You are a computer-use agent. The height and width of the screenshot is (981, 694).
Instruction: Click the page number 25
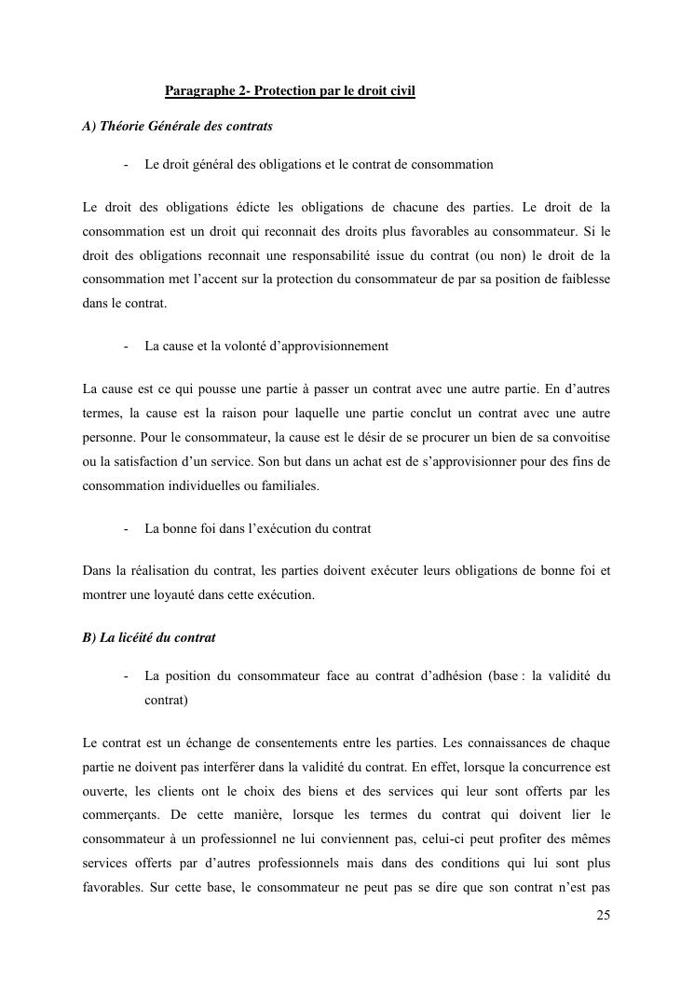[x=603, y=915]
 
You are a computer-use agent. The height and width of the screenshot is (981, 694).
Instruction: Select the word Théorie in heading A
[x=123, y=125]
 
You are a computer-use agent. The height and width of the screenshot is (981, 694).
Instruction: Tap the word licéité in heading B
[x=136, y=638]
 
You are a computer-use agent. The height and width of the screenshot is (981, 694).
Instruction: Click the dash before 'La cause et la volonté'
[x=125, y=347]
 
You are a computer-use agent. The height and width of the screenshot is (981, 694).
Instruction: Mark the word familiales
[x=290, y=484]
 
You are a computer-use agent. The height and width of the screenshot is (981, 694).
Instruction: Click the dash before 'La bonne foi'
[x=125, y=529]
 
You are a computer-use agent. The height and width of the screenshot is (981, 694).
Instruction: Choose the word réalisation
[x=151, y=572]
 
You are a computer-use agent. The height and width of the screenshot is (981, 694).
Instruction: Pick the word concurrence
[x=553, y=768]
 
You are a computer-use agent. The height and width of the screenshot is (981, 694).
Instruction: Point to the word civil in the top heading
[x=400, y=91]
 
